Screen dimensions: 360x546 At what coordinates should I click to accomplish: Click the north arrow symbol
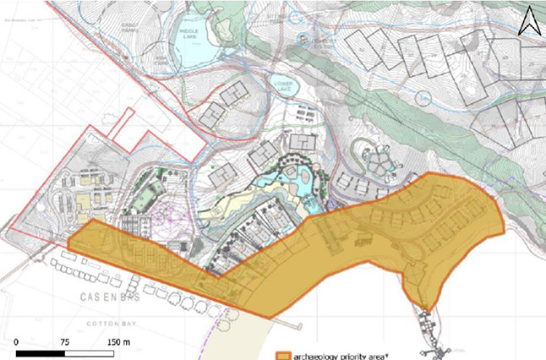click(x=528, y=21)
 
